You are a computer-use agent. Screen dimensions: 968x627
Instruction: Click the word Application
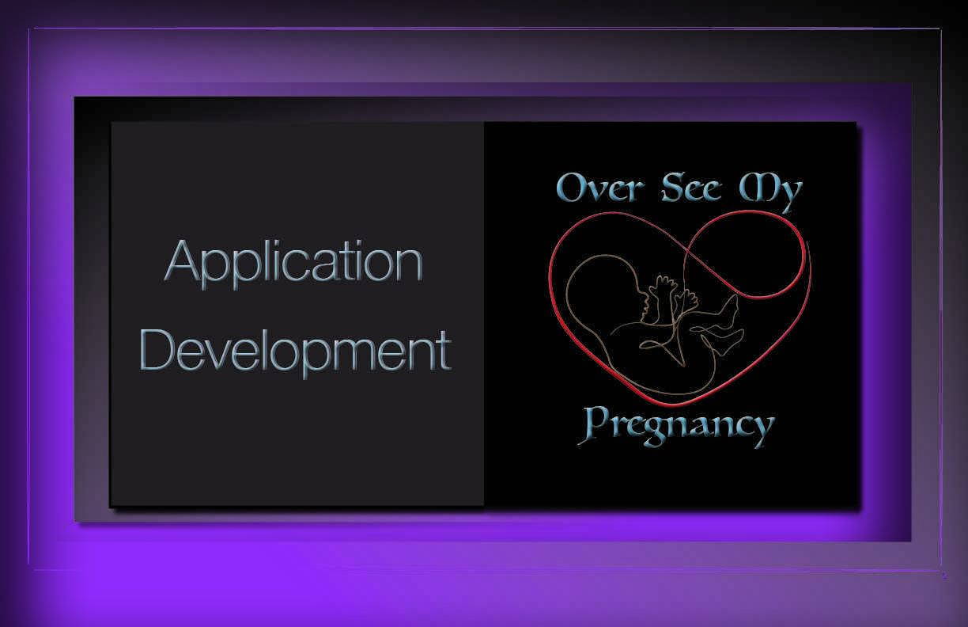(293, 263)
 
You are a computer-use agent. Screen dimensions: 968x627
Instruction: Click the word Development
(296, 352)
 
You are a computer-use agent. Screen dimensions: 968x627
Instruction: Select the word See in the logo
(691, 188)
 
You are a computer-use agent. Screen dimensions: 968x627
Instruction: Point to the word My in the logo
(770, 192)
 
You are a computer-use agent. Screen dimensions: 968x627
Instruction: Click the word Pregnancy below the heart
(677, 427)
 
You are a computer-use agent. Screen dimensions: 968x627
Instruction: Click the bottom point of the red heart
(674, 405)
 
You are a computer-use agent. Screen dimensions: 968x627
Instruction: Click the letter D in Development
(156, 350)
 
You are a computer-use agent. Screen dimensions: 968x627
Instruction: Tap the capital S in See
(673, 187)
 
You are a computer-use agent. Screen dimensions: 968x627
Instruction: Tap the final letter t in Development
(444, 351)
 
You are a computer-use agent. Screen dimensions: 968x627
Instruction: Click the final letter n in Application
(409, 265)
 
